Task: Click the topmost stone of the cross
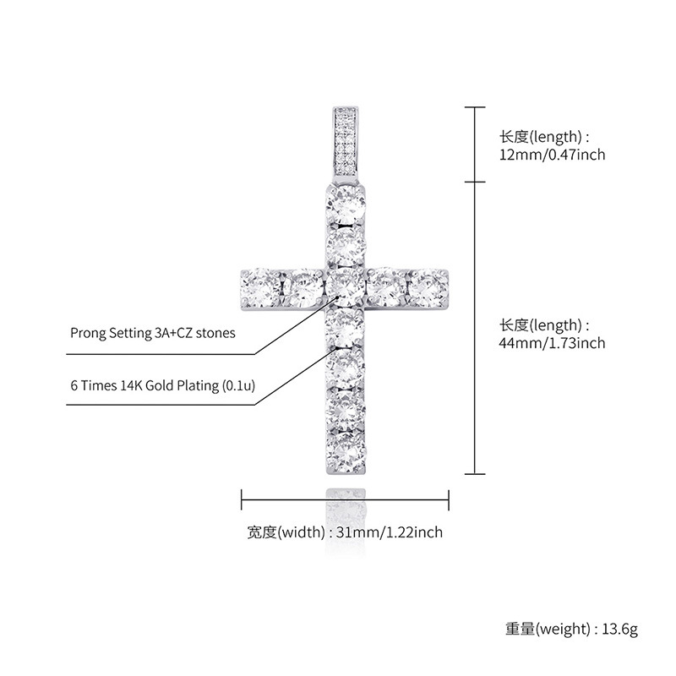[346, 205]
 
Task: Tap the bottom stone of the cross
[346, 449]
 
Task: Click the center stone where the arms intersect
[345, 288]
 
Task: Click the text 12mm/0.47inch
[552, 155]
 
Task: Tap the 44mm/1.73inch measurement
[552, 343]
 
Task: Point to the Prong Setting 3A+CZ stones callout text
[152, 333]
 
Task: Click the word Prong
[88, 333]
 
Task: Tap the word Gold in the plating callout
[167, 385]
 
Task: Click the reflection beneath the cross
[346, 506]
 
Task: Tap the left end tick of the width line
[243, 499]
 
